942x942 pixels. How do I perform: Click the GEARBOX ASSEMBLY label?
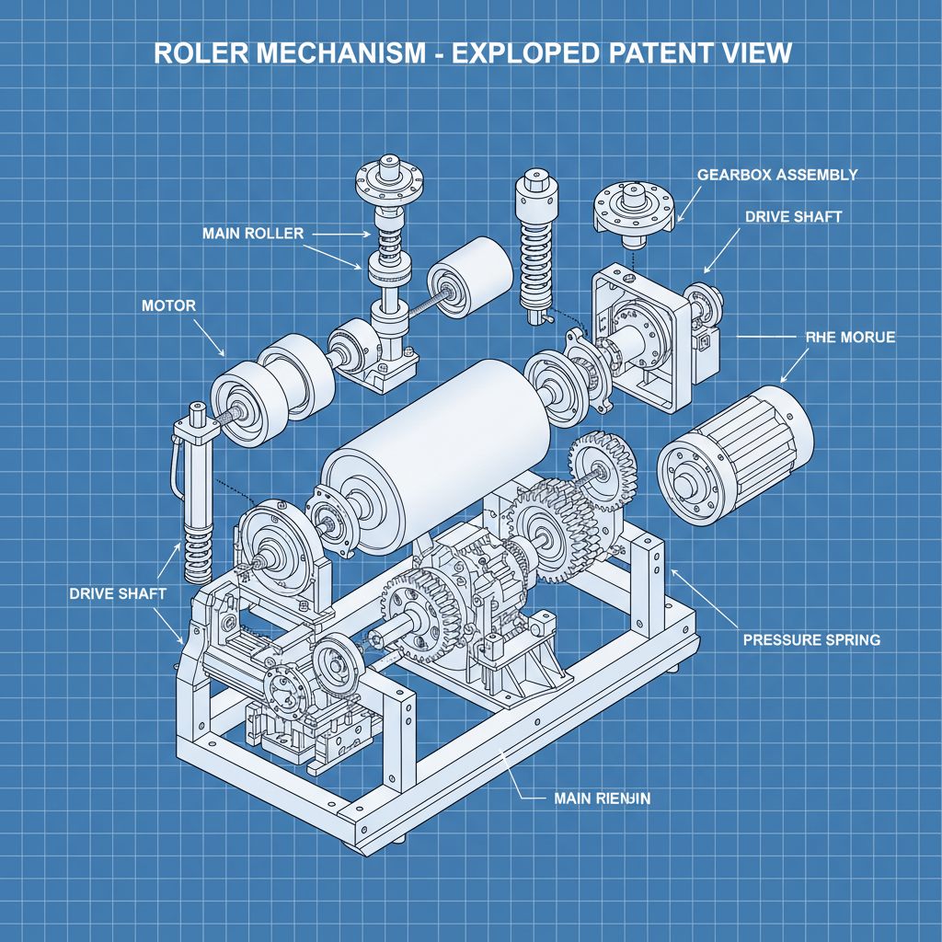[x=777, y=175]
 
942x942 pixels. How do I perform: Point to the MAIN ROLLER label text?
[x=252, y=234]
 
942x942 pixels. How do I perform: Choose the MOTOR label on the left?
[x=168, y=305]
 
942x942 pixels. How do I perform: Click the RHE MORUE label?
[x=849, y=338]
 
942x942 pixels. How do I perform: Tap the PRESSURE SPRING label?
[x=810, y=639]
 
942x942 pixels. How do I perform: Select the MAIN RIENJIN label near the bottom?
[x=602, y=798]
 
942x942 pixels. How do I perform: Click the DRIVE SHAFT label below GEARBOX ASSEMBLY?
[x=793, y=217]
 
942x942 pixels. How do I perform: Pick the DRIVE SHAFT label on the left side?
[x=118, y=593]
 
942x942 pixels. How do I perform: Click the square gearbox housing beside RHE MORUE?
[x=649, y=336]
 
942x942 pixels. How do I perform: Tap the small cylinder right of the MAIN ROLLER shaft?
[x=470, y=276]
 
